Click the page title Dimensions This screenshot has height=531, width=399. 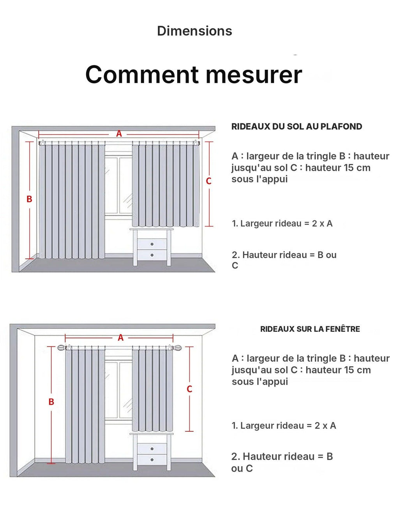pyautogui.click(x=194, y=31)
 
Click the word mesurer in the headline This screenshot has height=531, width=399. pyautogui.click(x=254, y=74)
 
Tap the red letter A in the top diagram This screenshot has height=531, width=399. pyautogui.click(x=119, y=134)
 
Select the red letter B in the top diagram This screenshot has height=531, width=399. pyautogui.click(x=29, y=199)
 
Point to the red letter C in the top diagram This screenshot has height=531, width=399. pyautogui.click(x=208, y=181)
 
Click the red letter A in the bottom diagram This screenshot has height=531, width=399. pyautogui.click(x=120, y=338)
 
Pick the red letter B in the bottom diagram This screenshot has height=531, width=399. pyautogui.click(x=51, y=402)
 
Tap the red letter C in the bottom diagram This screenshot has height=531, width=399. pyautogui.click(x=189, y=389)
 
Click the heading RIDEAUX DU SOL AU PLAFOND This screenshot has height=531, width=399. pyautogui.click(x=297, y=127)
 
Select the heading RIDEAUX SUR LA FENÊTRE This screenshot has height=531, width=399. pyautogui.click(x=310, y=329)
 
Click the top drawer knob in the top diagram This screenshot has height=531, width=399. pyautogui.click(x=152, y=244)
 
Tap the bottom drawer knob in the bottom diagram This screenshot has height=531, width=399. pyautogui.click(x=152, y=460)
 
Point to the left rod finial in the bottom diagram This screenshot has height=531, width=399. pyautogui.click(x=62, y=348)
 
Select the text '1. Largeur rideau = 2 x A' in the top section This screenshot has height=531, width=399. pyautogui.click(x=282, y=223)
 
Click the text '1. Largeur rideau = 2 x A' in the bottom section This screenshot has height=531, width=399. pyautogui.click(x=284, y=426)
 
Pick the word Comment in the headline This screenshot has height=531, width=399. pyautogui.click(x=142, y=74)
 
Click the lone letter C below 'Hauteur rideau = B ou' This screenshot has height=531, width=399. pyautogui.click(x=235, y=265)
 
